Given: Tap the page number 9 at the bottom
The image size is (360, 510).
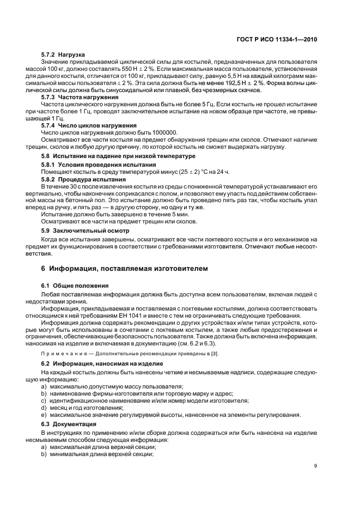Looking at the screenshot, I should pos(316,465).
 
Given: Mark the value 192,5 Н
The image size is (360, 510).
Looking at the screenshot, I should pos(264,83).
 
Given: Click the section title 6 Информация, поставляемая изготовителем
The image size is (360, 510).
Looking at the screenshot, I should pos(124,269).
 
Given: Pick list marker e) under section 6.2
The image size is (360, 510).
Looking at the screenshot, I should pos(43,415).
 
